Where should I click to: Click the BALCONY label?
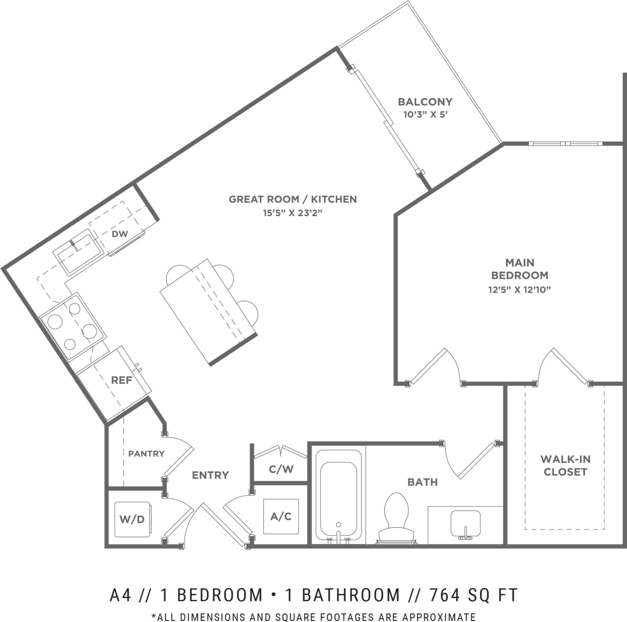pyautogui.click(x=425, y=102)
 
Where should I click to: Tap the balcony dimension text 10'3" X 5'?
pyautogui.click(x=425, y=115)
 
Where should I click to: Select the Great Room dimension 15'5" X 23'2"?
pyautogui.click(x=293, y=212)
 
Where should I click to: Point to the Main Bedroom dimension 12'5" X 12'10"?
pyautogui.click(x=519, y=290)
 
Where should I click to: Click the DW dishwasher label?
pyautogui.click(x=119, y=234)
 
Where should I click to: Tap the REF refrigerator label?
pyautogui.click(x=122, y=381)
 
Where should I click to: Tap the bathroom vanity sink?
pyautogui.click(x=465, y=525)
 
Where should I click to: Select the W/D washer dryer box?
pyautogui.click(x=132, y=520)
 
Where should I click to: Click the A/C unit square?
pyautogui.click(x=281, y=516)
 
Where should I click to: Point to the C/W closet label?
pyautogui.click(x=281, y=469)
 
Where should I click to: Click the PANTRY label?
pyautogui.click(x=146, y=453)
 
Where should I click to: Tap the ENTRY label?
pyautogui.click(x=210, y=475)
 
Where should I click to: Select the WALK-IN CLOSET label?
pyautogui.click(x=565, y=466)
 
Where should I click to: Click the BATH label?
pyautogui.click(x=422, y=482)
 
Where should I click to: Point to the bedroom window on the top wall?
pyautogui.click(x=565, y=143)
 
